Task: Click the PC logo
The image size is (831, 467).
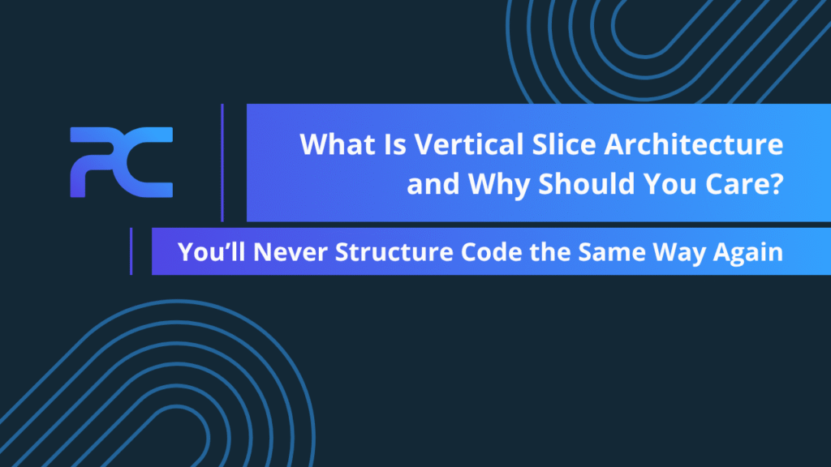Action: coord(122,162)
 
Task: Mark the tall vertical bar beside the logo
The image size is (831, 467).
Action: coord(222,162)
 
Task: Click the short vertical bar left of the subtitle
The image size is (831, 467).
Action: coord(131,251)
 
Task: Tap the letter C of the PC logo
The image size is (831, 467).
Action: coord(149,162)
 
